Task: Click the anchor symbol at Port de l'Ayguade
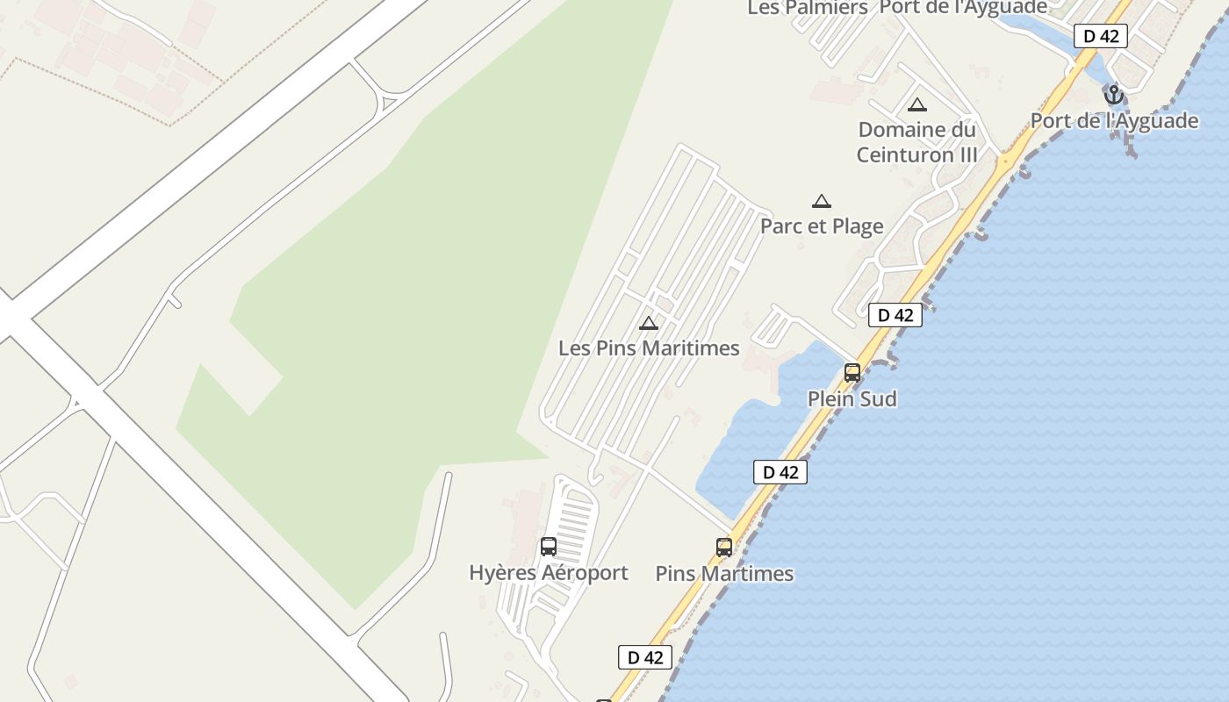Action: (x=1114, y=94)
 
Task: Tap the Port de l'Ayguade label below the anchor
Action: (x=1114, y=120)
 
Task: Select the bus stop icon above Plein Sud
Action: (x=852, y=373)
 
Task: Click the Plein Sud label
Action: (x=852, y=399)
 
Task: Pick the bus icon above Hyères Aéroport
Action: (x=549, y=547)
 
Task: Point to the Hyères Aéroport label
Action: (x=549, y=573)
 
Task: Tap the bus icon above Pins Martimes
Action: (x=724, y=548)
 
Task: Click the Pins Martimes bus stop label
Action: (x=724, y=574)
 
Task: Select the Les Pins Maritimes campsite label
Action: (x=649, y=348)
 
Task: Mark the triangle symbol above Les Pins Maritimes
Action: (x=649, y=323)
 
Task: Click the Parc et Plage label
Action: (x=822, y=226)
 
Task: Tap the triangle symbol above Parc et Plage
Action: (x=822, y=201)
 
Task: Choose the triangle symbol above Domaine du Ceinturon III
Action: (x=917, y=105)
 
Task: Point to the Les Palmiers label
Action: (x=808, y=8)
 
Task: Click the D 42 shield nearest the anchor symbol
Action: (x=1101, y=36)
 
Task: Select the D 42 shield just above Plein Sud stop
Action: (x=895, y=315)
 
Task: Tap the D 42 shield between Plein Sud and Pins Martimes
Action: (x=780, y=472)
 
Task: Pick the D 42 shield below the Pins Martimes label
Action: (x=645, y=657)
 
